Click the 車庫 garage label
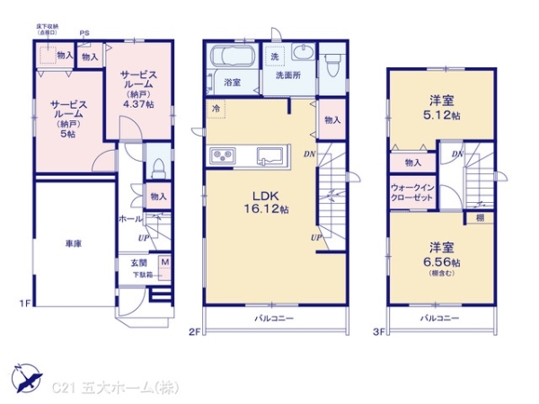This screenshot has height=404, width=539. coord(74,243)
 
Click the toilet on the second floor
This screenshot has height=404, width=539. coord(331,64)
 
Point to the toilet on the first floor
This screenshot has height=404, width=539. coord(158,167)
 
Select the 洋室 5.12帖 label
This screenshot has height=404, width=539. coord(441,109)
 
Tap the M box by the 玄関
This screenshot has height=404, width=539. coord(165,263)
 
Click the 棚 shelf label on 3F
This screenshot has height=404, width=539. coord(481,216)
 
